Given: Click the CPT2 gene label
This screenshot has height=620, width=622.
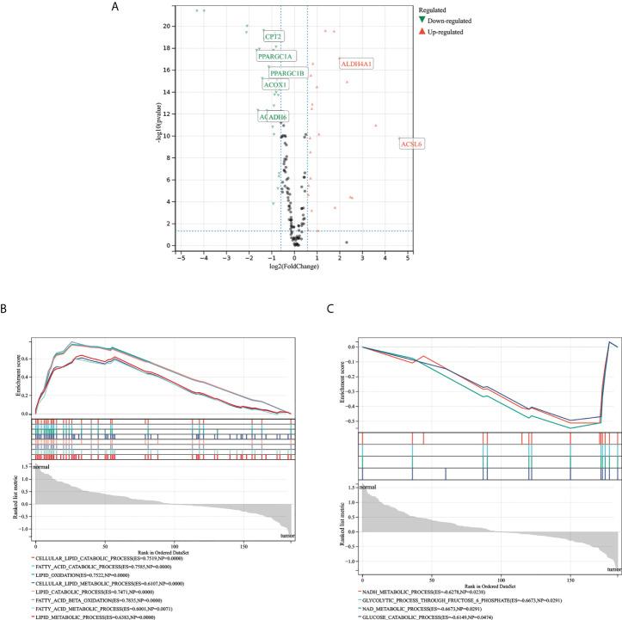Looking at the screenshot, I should tap(274, 37).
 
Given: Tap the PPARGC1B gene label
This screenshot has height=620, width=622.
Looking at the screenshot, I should tap(287, 73).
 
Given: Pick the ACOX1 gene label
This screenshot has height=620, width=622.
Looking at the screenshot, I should tap(275, 85).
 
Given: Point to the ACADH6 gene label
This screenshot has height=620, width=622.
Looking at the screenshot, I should tap(273, 116).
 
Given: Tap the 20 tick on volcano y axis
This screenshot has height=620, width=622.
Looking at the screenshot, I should tap(169, 26).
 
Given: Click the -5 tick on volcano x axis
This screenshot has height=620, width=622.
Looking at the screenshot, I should tap(181, 256).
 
